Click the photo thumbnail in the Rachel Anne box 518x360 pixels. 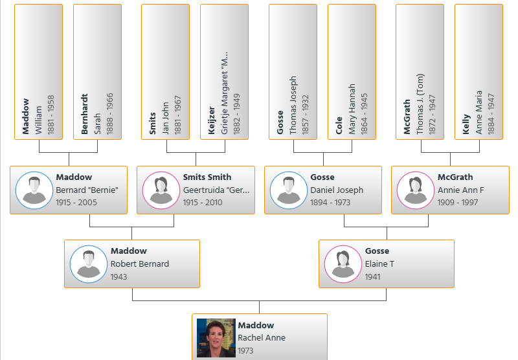[216, 338]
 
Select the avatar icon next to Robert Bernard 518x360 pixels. [89, 264]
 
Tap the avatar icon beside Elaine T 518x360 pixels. [343, 264]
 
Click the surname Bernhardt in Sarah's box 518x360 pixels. [85, 114]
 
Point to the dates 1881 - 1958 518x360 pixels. [51, 115]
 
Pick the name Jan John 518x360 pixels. [166, 118]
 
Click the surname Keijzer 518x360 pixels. [212, 120]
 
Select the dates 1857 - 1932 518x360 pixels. [305, 115]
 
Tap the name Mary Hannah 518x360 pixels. [352, 109]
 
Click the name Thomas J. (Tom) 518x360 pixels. [420, 104]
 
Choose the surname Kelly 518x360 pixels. [466, 124]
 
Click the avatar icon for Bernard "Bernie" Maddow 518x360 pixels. [34, 190]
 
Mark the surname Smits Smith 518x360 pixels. [207, 177]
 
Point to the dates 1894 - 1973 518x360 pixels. [330, 203]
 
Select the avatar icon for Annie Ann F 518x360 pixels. [416, 190]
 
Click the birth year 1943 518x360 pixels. [118, 276]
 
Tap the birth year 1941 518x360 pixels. [373, 276]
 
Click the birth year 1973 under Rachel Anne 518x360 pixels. [245, 350]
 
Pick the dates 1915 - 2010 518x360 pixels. [203, 203]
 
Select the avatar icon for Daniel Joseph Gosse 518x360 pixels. [289, 190]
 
